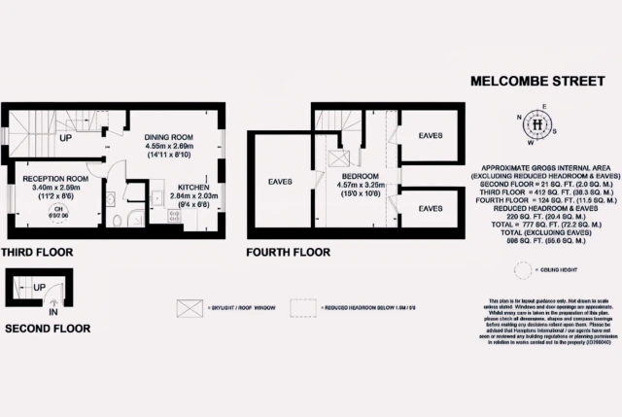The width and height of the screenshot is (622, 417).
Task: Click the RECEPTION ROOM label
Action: coord(56,180)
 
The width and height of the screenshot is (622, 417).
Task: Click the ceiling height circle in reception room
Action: coord(59,213)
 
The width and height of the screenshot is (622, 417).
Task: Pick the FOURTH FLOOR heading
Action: coord(289,252)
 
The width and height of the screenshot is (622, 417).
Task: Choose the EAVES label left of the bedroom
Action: coord(281,181)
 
